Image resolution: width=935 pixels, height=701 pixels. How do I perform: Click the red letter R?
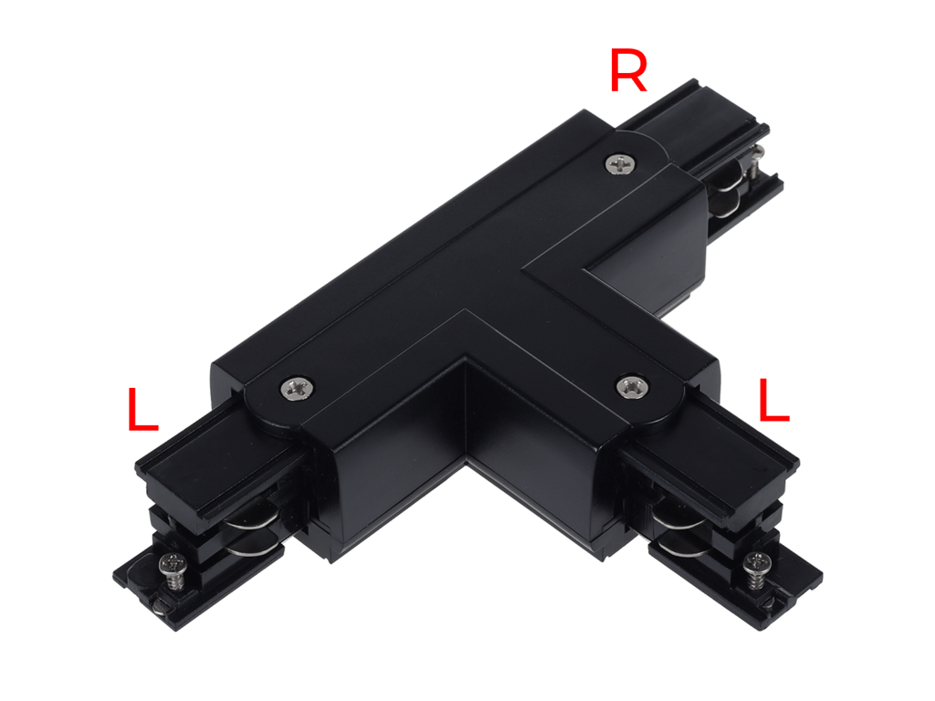pyautogui.click(x=628, y=73)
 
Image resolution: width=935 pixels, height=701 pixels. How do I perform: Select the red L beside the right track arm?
pyautogui.click(x=773, y=401)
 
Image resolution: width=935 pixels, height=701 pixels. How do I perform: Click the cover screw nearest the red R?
pyautogui.click(x=620, y=164)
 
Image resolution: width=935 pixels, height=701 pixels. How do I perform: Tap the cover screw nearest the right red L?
pyautogui.click(x=631, y=385)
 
